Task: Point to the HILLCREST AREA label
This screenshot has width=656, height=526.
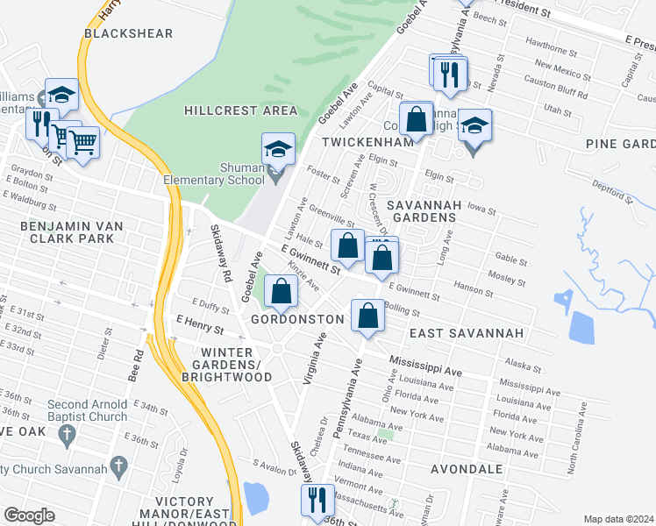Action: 240,111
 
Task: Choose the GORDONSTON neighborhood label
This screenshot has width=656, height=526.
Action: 297,320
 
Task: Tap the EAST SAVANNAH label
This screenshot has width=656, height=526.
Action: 467,334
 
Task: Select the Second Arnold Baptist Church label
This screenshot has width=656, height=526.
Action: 88,410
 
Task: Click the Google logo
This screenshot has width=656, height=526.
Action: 29,515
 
